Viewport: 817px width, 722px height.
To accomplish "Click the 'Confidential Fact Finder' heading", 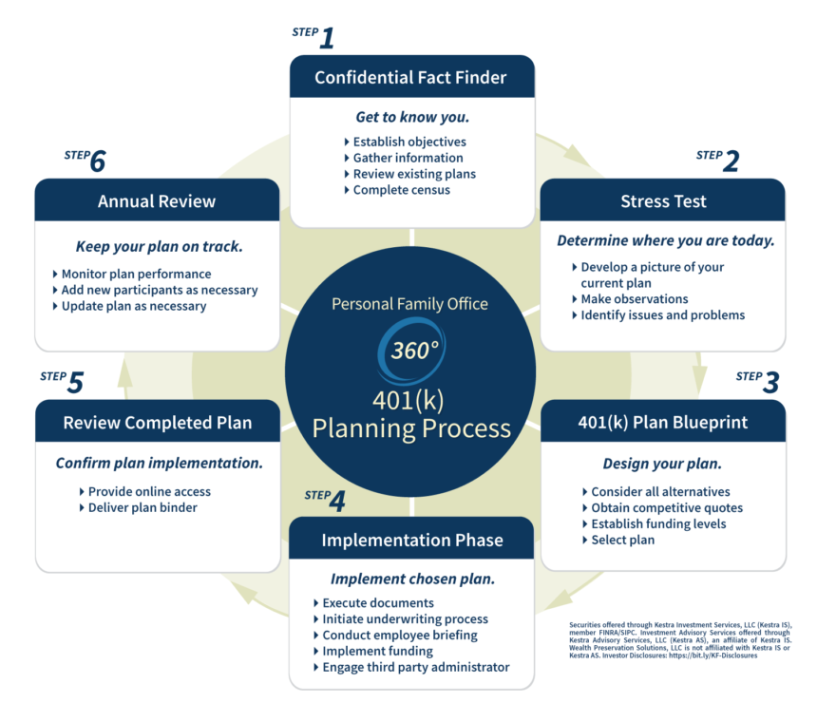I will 411,77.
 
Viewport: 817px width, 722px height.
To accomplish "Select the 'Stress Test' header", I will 663,200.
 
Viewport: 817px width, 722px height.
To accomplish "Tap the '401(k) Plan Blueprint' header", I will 663,421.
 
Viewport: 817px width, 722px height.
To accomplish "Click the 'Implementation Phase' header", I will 411,540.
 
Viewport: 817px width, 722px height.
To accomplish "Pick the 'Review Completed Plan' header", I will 157,422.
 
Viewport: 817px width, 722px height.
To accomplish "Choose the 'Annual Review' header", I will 157,200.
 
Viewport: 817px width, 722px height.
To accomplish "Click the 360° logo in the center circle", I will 411,349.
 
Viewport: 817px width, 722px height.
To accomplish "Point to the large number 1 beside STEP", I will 326,39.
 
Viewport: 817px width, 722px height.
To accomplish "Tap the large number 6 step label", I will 97,161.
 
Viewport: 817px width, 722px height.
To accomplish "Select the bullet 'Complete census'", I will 401,190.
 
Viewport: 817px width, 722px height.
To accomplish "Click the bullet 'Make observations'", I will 634,299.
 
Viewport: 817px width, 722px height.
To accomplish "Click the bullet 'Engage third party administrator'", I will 415,667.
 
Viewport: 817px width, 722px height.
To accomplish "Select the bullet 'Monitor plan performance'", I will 136,275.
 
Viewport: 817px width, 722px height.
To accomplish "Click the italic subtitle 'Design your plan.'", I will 662,464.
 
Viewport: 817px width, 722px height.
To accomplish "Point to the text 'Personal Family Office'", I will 409,304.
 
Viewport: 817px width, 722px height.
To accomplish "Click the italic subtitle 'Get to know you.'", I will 412,118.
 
